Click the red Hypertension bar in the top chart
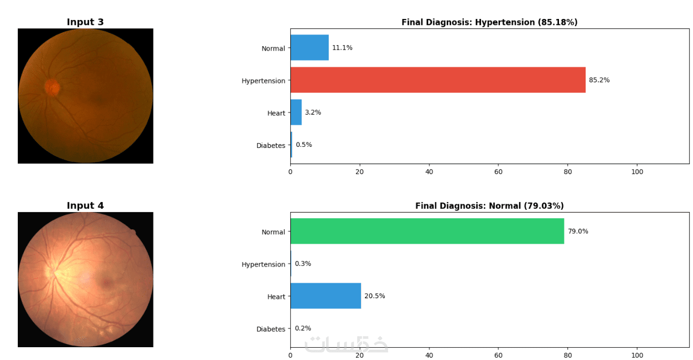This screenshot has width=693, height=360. point(438,80)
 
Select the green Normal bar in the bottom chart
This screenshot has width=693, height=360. point(427,231)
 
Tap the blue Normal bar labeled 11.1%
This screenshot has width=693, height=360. point(309,48)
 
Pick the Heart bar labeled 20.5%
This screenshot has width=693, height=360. point(325,295)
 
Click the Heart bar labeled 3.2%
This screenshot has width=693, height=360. point(296,112)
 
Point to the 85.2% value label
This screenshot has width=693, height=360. point(599,80)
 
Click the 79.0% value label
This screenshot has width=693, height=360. point(578,231)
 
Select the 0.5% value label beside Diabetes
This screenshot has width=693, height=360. point(304,145)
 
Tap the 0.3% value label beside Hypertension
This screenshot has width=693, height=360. point(303,264)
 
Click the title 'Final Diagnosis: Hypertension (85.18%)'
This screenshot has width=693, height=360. point(489,22)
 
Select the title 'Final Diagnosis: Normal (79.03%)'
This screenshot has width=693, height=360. point(489,206)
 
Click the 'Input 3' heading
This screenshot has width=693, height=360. point(85,22)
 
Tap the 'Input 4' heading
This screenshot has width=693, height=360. point(85,206)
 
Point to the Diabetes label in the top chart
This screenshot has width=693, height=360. point(271,146)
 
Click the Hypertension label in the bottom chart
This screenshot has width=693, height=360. point(263,264)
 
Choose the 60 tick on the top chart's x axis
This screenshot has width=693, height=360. point(498,172)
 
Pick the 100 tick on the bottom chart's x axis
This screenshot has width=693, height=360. point(637,355)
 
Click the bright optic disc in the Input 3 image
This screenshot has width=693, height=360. point(52,87)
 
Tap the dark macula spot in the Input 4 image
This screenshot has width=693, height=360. point(106,283)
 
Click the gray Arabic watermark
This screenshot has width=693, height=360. point(346,344)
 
